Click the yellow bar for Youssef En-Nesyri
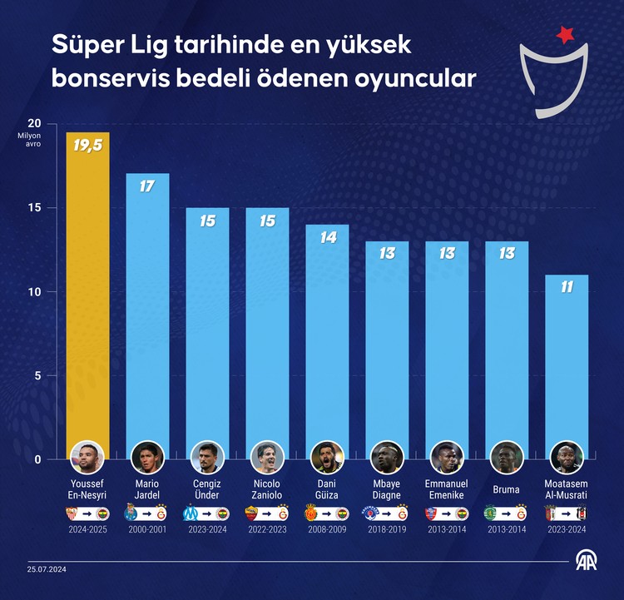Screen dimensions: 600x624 (87, 291)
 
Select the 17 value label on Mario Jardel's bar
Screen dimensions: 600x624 (147, 186)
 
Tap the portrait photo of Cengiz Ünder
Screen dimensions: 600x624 (207, 456)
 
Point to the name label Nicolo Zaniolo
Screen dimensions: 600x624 (267, 489)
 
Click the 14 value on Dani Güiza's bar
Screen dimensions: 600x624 (327, 237)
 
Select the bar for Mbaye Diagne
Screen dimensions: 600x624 (387, 350)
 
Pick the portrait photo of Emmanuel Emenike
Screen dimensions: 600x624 (447, 456)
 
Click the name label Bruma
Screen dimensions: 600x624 (507, 489)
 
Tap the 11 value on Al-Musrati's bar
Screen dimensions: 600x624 (567, 287)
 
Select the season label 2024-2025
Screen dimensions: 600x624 (87, 529)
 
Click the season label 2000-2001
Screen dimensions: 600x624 (147, 529)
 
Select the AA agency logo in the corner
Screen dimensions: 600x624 (591, 562)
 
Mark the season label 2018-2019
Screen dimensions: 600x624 (387, 529)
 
